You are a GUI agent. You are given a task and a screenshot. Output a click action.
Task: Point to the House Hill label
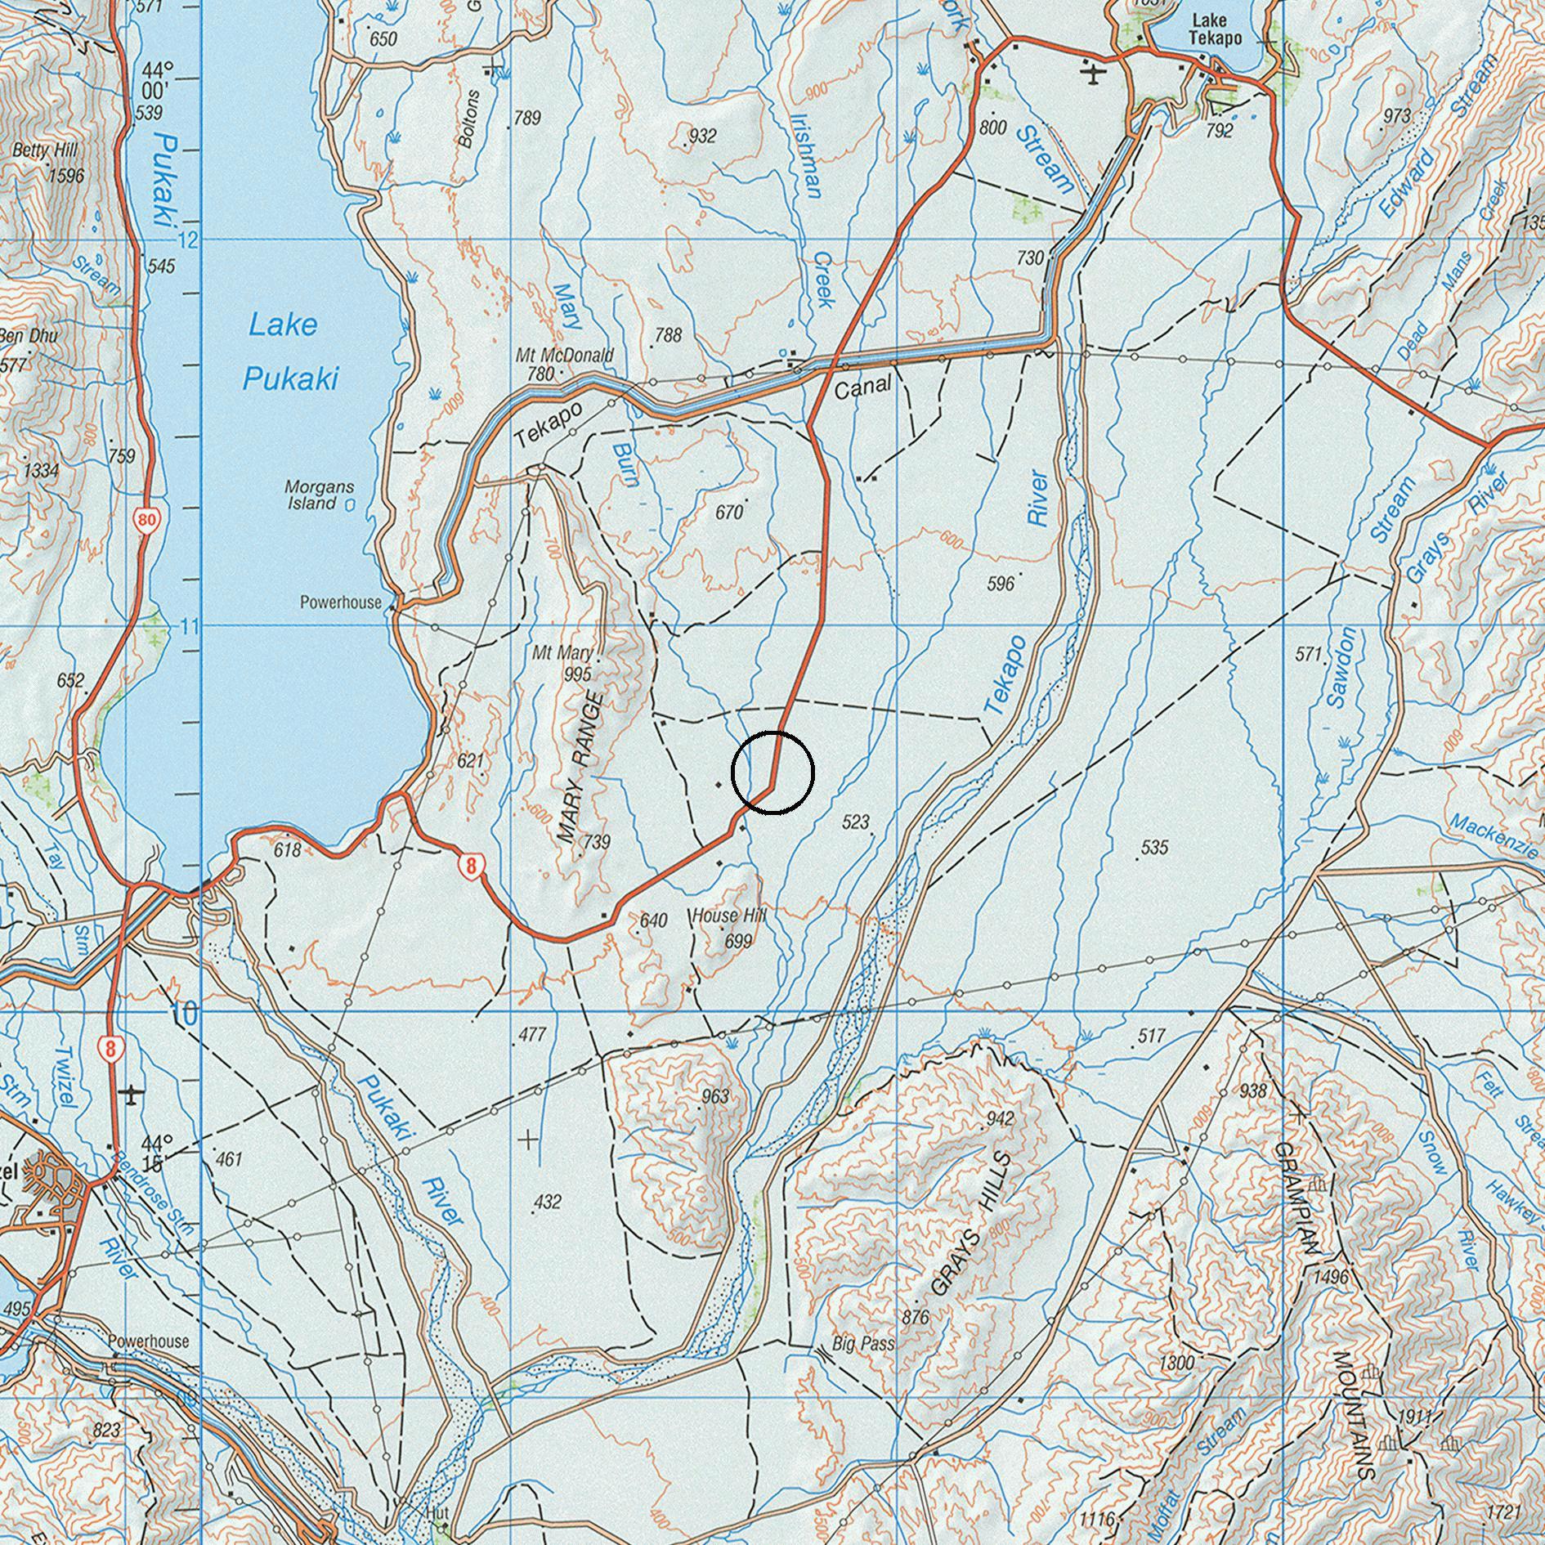pos(728,916)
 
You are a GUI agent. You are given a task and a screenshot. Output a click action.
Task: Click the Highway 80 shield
pos(147,519)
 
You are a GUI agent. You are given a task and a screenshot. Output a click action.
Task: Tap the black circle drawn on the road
pos(772,772)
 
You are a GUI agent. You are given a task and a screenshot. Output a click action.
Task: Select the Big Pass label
pos(863,1343)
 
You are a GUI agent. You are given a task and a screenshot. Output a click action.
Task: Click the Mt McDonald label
pos(564,356)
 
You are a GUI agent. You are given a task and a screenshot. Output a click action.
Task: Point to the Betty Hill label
pos(45,151)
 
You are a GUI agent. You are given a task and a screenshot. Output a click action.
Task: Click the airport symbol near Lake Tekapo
pos(1093,74)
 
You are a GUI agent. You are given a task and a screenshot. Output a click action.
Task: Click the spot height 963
pos(714,1096)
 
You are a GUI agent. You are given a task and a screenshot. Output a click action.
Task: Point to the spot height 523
pos(855,822)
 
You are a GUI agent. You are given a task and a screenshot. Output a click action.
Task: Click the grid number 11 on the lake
pos(190,628)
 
